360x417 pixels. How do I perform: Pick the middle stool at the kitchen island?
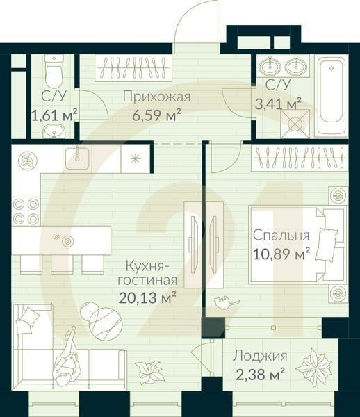tap(60, 263)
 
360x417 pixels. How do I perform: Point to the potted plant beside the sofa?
tap(148, 372)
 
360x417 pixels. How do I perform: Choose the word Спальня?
tap(277, 235)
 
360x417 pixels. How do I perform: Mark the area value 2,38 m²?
tap(259, 375)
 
